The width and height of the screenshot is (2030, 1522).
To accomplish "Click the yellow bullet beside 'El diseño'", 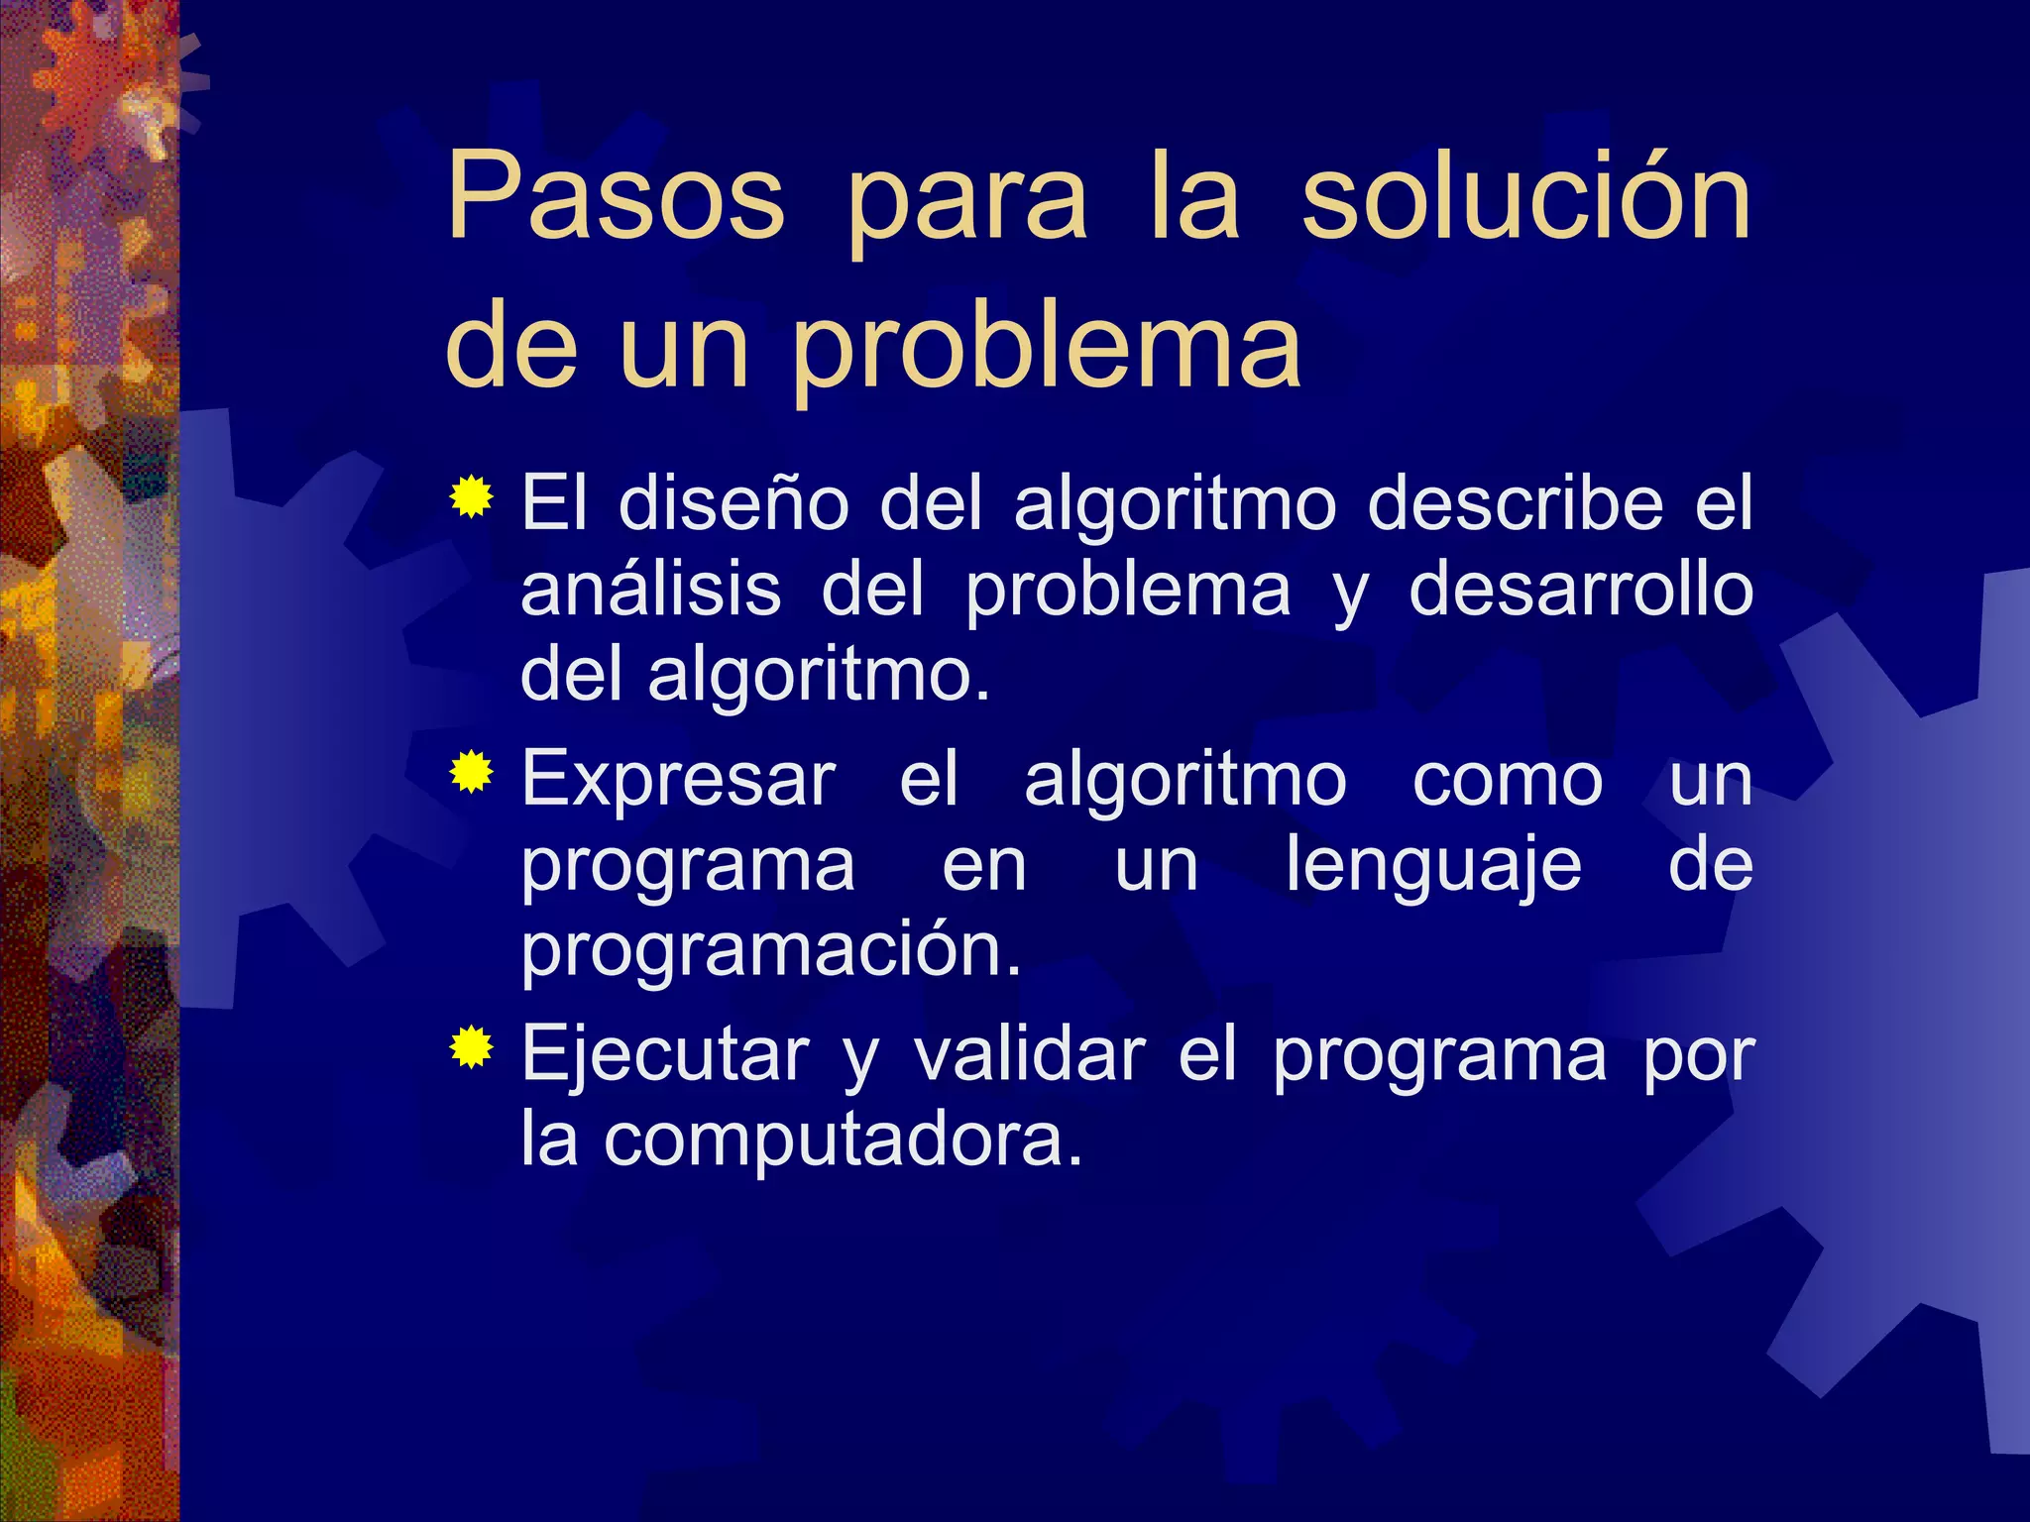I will [x=471, y=497].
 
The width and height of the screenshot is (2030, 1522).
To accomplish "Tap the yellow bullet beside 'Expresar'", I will [x=471, y=773].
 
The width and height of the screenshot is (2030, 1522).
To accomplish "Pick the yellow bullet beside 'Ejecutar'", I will [x=471, y=1048].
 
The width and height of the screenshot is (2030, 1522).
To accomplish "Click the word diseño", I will [x=733, y=503].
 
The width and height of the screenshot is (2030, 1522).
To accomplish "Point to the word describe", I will [x=1515, y=503].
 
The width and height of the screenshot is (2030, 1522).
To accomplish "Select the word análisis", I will [x=651, y=590].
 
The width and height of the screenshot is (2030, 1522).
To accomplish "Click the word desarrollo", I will [x=1581, y=590].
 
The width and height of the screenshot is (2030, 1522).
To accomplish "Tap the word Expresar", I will [x=679, y=781].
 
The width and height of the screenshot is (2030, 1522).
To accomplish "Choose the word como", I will [x=1507, y=781].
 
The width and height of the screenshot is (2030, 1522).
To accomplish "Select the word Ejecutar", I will [x=665, y=1055].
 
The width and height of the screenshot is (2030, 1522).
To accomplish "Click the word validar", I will [x=1029, y=1055].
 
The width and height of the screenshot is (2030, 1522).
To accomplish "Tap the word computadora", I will [x=843, y=1141].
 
